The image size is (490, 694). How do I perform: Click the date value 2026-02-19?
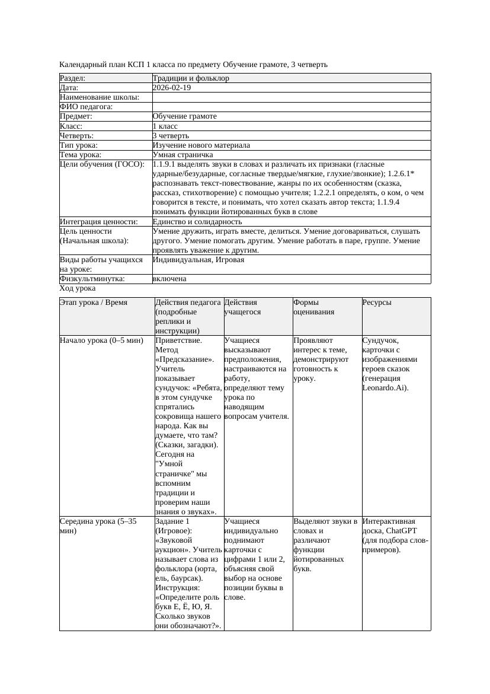(172, 88)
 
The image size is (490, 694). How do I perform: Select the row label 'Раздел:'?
(73, 78)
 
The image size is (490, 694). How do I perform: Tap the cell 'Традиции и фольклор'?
(191, 78)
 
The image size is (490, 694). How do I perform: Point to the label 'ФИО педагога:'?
(87, 107)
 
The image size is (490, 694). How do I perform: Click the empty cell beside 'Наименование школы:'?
(291, 97)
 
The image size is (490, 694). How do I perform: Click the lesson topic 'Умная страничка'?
(180, 155)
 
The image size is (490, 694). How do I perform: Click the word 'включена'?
(169, 279)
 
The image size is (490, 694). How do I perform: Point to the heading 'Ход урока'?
(78, 288)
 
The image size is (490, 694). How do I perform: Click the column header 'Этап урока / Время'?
(94, 303)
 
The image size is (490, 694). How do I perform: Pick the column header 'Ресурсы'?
(377, 303)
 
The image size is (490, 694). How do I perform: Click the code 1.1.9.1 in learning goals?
(166, 164)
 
